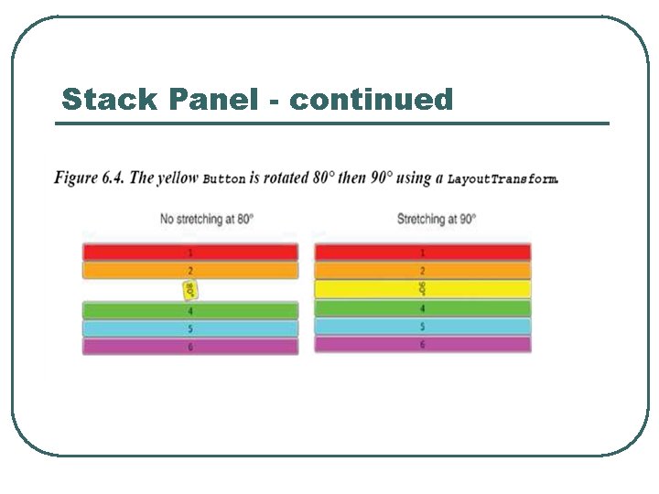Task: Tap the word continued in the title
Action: (371, 99)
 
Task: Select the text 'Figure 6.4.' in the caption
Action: (89, 177)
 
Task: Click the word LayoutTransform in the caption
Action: (502, 179)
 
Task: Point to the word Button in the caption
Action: (223, 179)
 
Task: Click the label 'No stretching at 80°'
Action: (207, 220)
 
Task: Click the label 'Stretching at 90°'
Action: (437, 220)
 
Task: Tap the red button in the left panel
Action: (190, 252)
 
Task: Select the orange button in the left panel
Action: (190, 271)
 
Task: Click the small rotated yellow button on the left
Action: (190, 290)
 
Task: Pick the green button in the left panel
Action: (190, 311)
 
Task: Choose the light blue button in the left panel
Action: (190, 328)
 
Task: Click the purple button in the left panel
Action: (190, 347)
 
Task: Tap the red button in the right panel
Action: (423, 252)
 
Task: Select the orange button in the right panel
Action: (423, 271)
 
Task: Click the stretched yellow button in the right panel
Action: (423, 289)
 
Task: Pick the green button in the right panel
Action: (423, 308)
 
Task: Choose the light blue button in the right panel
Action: (423, 326)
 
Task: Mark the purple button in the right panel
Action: (423, 345)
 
